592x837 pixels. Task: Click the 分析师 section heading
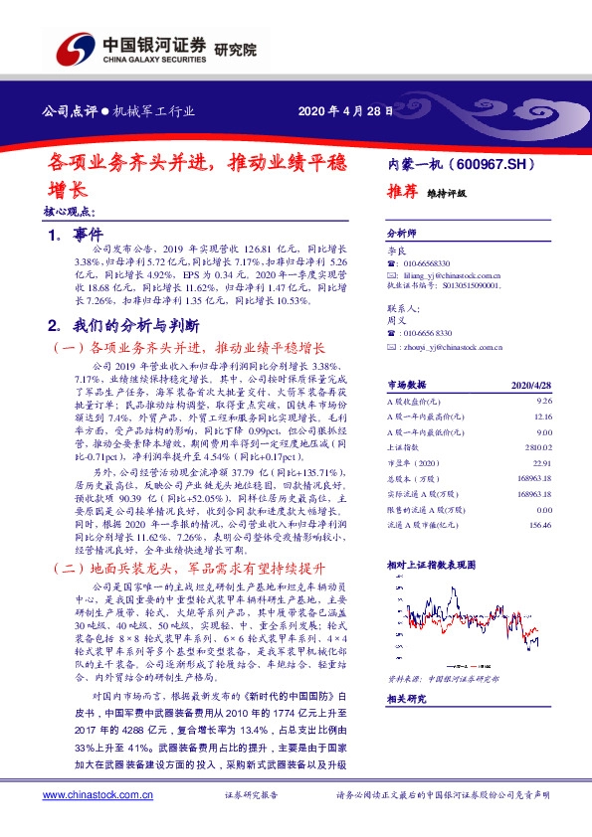tap(403, 228)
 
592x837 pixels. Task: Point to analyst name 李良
tap(396, 254)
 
